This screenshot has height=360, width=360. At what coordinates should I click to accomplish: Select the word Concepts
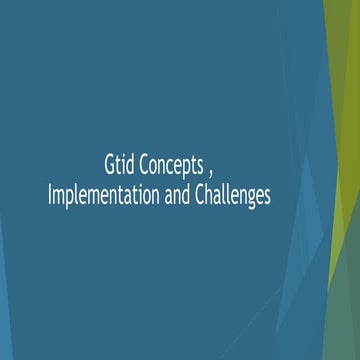173,164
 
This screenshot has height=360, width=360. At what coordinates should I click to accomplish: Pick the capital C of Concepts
143,164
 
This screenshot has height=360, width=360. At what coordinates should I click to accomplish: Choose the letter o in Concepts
153,165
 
